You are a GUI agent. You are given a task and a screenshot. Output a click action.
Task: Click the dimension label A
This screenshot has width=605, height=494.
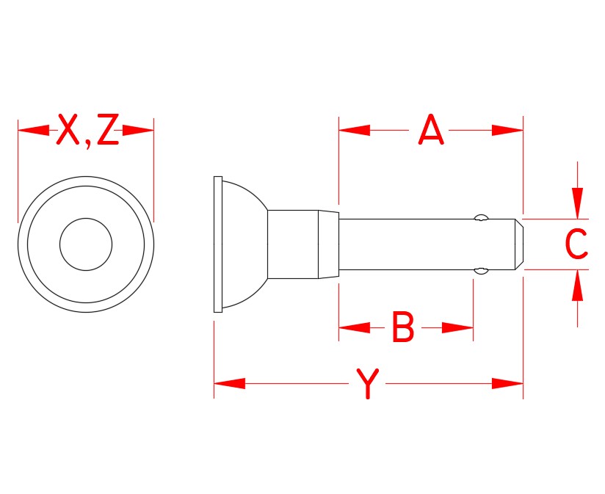coord(431,131)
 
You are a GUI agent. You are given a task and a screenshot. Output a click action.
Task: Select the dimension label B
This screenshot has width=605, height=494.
coord(403,328)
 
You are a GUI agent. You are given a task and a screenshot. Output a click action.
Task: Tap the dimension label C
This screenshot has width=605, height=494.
coord(576,244)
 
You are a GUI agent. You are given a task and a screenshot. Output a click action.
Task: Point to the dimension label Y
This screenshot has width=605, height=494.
coord(367,384)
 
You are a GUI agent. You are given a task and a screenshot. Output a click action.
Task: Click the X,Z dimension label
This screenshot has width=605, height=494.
coord(87,131)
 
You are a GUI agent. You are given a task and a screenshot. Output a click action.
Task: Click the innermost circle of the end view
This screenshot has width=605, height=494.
coord(86,244)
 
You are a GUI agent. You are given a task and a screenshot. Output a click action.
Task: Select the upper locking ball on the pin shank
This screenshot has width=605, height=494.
coord(481,217)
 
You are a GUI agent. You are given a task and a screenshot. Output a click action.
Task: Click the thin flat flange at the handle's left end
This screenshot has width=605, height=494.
coord(217,244)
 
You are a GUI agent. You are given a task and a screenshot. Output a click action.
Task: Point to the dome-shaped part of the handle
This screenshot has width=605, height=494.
coord(242,244)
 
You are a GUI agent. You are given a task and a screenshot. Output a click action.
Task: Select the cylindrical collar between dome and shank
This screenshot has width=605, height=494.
coord(292,244)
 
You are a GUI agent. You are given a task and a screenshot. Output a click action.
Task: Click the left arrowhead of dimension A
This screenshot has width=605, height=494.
coord(353,131)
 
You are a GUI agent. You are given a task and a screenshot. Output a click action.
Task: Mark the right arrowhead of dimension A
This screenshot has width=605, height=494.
coord(508,131)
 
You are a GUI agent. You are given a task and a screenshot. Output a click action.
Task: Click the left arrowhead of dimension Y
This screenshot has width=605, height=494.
coord(228,384)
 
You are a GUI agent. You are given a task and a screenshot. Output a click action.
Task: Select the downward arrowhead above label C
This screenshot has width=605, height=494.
coord(578,203)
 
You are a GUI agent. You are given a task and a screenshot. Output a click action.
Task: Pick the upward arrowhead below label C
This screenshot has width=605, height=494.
coord(578,286)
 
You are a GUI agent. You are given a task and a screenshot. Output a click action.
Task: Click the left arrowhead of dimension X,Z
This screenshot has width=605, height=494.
coord(32,131)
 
